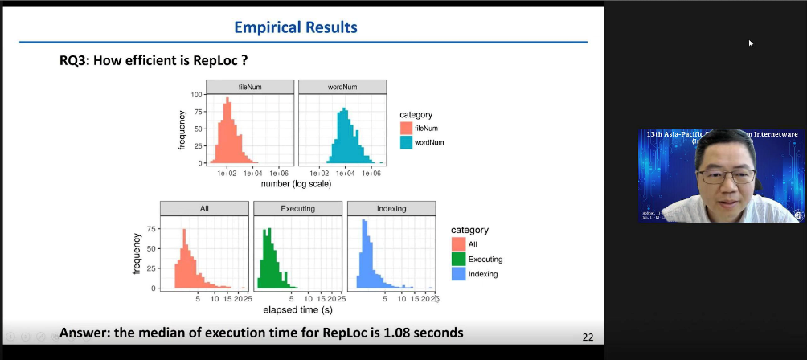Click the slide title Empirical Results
click(295, 27)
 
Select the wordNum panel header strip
click(342, 86)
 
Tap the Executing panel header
click(297, 208)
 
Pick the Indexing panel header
click(391, 208)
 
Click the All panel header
click(204, 208)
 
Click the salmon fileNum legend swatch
click(407, 128)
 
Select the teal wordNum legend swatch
click(407, 142)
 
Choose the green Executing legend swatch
click(458, 259)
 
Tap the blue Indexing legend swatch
click(458, 273)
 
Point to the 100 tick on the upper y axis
click(197, 95)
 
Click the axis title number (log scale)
click(296, 184)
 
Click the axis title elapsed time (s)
click(298, 309)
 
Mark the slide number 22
click(587, 337)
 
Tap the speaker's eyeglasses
click(725, 176)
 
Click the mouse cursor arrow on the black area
click(751, 43)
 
